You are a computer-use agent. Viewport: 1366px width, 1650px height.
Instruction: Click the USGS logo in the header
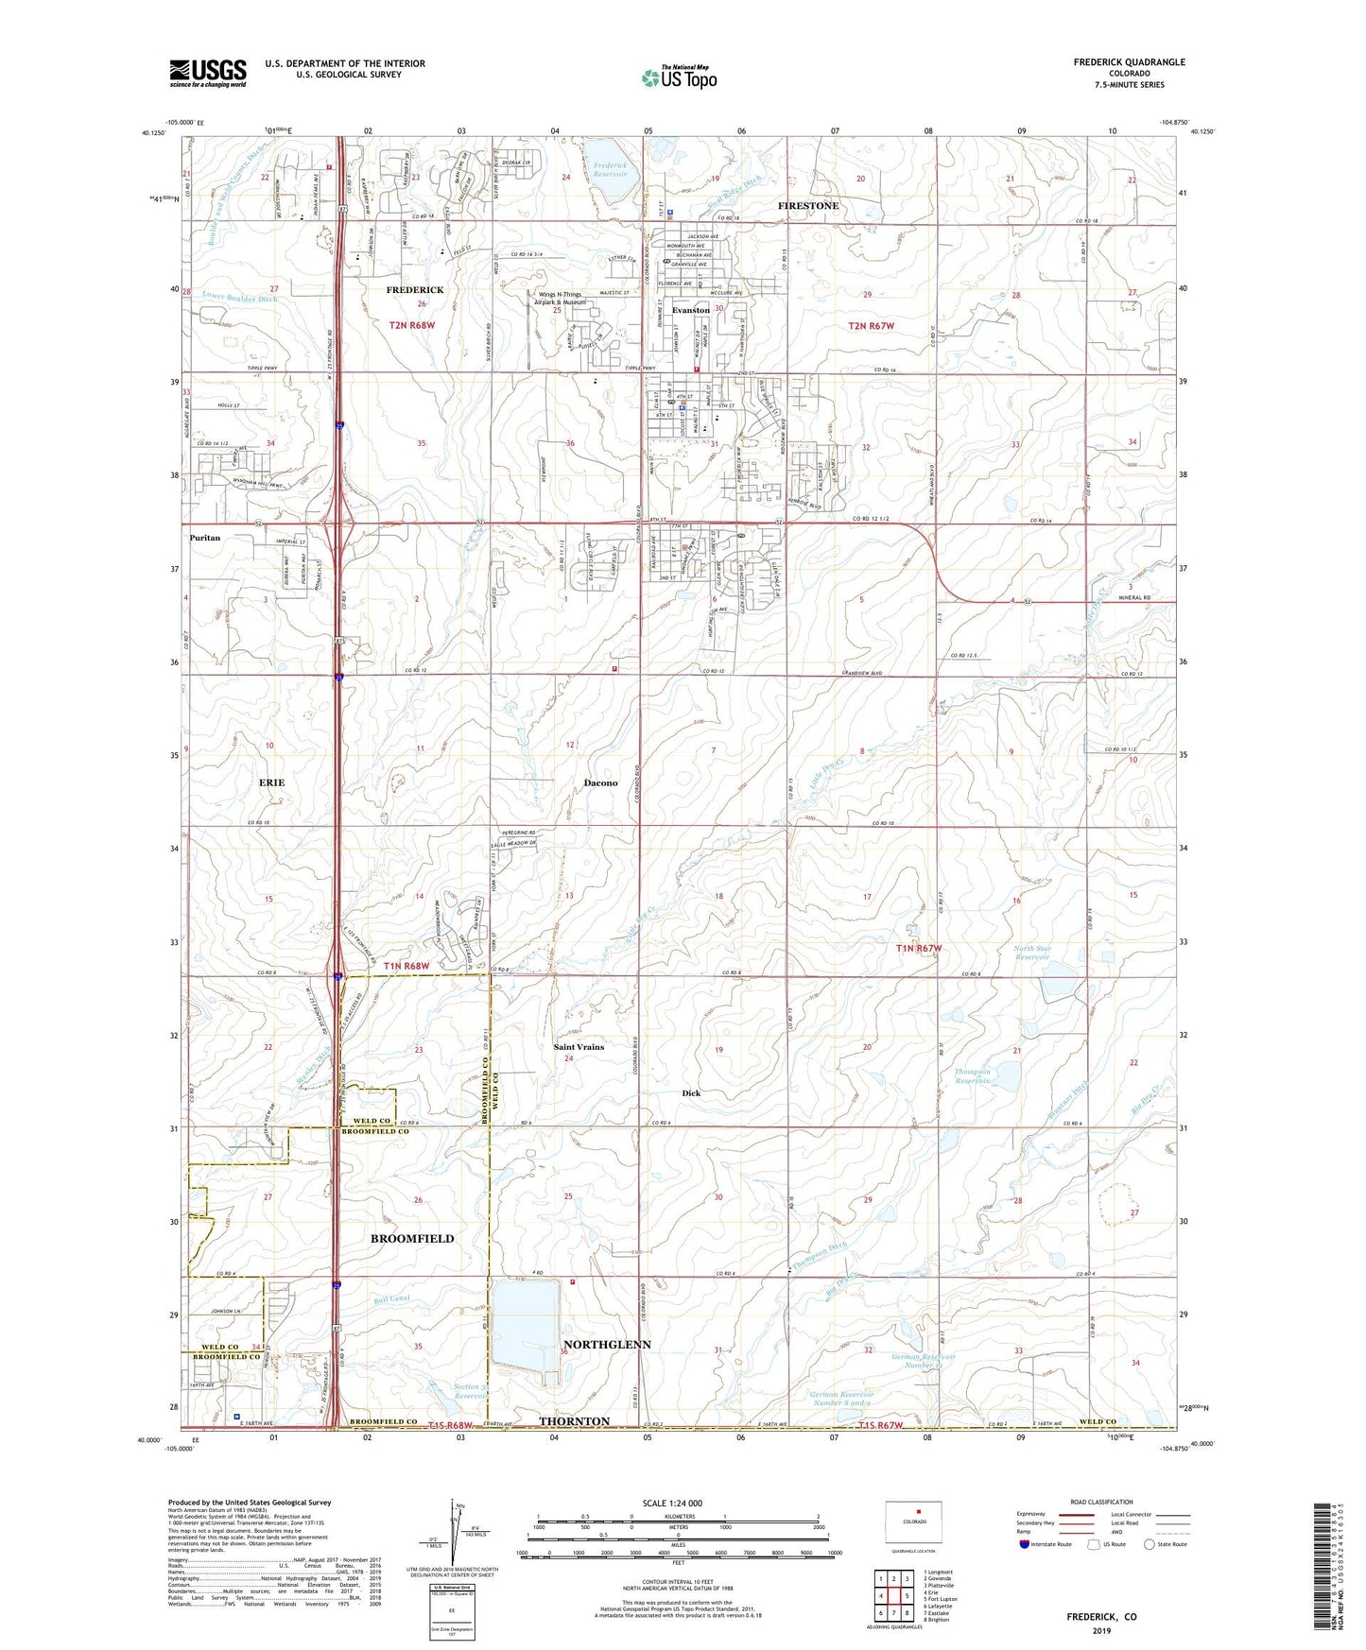pyautogui.click(x=207, y=72)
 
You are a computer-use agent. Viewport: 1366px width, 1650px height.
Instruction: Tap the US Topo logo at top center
pyautogui.click(x=679, y=77)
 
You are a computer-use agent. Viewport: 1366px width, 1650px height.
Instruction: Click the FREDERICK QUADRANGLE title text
pyautogui.click(x=1129, y=62)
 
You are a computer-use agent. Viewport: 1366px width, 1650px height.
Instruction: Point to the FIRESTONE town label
pyautogui.click(x=807, y=205)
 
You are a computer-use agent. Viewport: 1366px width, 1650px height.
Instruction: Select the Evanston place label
pyautogui.click(x=690, y=310)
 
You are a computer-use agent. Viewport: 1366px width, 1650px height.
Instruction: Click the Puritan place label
pyautogui.click(x=204, y=538)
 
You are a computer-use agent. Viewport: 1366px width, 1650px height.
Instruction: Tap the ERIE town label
pyautogui.click(x=271, y=782)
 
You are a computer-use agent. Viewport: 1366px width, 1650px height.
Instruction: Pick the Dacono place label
pyautogui.click(x=600, y=782)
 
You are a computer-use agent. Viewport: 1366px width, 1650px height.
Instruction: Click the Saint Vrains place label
pyautogui.click(x=579, y=1047)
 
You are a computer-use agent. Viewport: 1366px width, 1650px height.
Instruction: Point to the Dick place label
pyautogui.click(x=691, y=1092)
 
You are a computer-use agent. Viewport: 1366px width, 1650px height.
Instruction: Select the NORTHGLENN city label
pyautogui.click(x=607, y=1344)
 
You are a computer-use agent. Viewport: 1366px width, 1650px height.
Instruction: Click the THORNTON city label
pyautogui.click(x=574, y=1421)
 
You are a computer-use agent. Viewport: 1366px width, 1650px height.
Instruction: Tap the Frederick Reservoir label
pyautogui.click(x=610, y=169)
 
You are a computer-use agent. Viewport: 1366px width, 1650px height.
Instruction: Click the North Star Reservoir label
pyautogui.click(x=1032, y=953)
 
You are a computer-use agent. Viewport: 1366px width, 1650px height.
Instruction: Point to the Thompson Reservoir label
pyautogui.click(x=973, y=1076)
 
